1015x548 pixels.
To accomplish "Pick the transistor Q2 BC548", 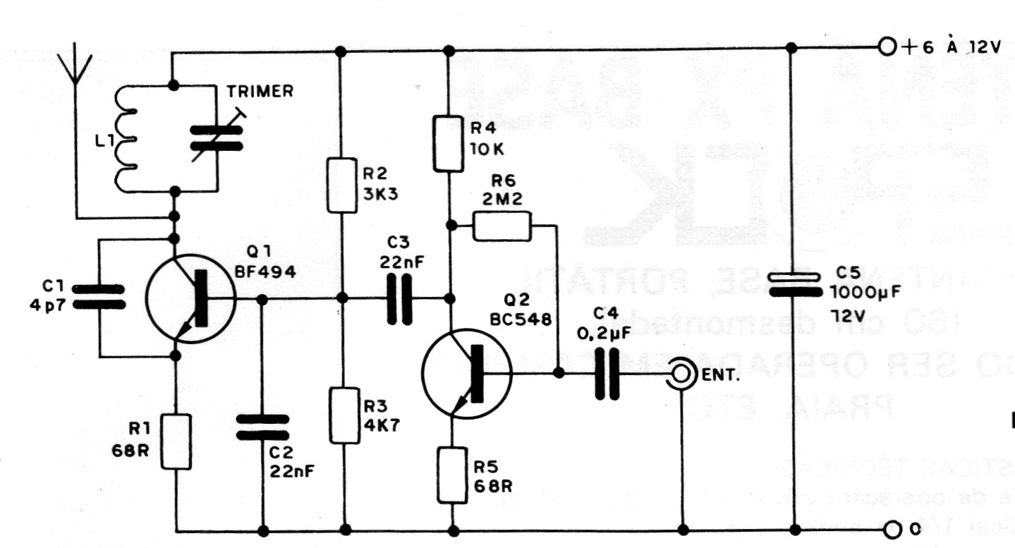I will click(466, 373).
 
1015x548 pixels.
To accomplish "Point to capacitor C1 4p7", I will click(99, 297).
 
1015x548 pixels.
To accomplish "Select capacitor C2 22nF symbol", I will click(262, 427).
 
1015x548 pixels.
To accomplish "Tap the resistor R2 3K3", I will click(342, 186).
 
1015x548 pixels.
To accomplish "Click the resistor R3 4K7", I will click(345, 415).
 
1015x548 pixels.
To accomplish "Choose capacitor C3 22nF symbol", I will click(399, 298).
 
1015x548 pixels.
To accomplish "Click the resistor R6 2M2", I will click(502, 226).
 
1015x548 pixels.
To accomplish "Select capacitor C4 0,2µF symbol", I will click(608, 374).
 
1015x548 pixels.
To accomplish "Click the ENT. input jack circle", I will click(681, 374).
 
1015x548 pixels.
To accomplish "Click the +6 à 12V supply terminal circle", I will click(887, 47).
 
